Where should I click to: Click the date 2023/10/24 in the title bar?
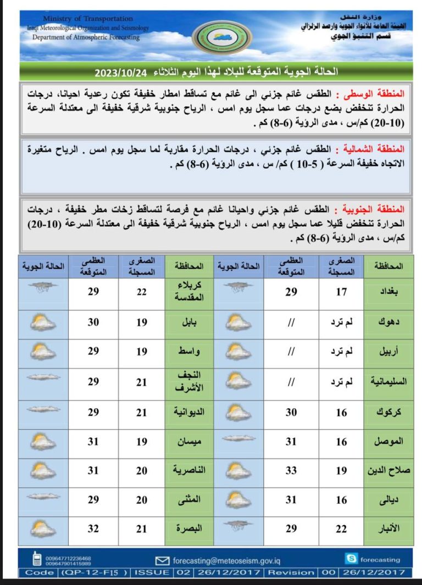click(117, 72)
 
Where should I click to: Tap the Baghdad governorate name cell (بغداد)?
click(388, 292)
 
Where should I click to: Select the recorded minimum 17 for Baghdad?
click(341, 292)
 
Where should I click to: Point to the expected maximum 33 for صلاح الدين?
click(291, 470)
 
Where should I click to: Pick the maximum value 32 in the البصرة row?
click(94, 528)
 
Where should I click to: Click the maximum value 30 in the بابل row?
click(94, 322)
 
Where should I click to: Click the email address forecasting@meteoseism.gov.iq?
click(226, 560)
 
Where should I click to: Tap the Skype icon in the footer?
click(351, 559)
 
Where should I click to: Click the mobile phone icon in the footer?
click(37, 559)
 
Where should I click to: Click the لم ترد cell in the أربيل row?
click(341, 352)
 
